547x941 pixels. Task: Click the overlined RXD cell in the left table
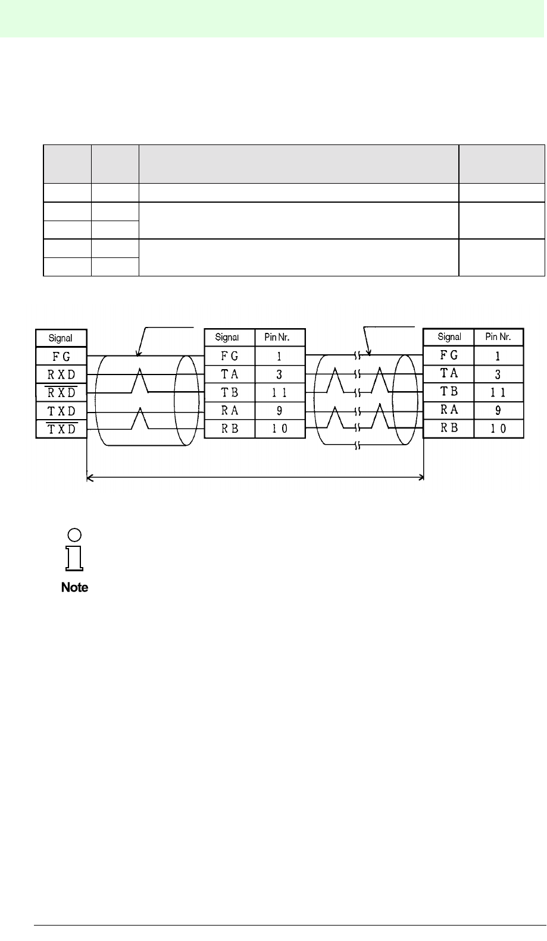(61, 393)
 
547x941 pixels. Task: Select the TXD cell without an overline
(61, 411)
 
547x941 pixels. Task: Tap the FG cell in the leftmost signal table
(61, 357)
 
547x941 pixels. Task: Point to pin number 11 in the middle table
(279, 393)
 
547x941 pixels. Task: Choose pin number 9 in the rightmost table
(499, 410)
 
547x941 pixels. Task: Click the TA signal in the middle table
(229, 375)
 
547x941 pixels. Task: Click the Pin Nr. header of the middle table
(279, 338)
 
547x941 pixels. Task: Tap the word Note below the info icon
(74, 587)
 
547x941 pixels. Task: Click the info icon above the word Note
(74, 549)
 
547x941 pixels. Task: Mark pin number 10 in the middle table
(279, 429)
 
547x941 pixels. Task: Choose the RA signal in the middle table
(229, 411)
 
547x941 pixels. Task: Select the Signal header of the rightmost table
(449, 336)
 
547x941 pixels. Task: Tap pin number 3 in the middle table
(279, 375)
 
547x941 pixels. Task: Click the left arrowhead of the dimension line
(89, 476)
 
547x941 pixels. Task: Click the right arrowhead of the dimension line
(421, 476)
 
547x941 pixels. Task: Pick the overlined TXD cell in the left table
(61, 429)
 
